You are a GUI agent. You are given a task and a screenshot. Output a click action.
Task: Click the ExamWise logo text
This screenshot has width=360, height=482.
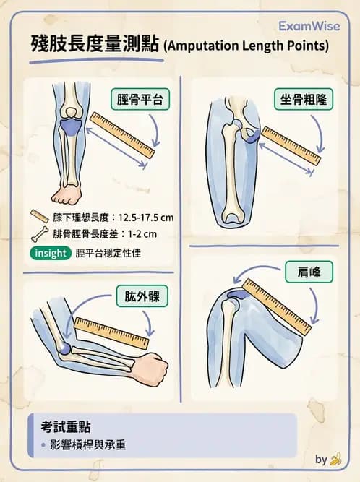pyautogui.click(x=309, y=26)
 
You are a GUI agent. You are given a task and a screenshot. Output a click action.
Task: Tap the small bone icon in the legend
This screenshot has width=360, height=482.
pyautogui.click(x=39, y=234)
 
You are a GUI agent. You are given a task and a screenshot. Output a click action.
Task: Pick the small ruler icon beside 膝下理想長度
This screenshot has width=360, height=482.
pyautogui.click(x=39, y=216)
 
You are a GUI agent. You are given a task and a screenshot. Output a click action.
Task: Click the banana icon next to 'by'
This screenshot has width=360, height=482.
pyautogui.click(x=335, y=460)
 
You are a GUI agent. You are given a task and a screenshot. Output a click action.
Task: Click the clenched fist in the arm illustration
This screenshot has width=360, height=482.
pyautogui.click(x=154, y=368)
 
